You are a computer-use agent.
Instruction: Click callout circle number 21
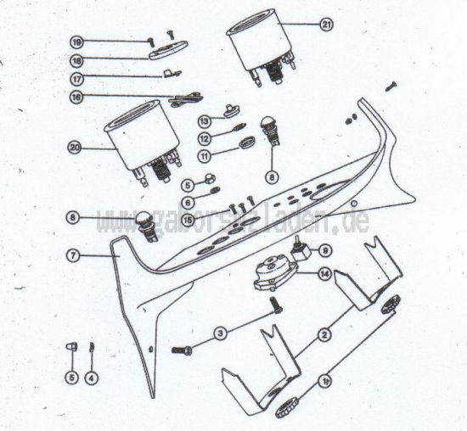[x=327, y=25]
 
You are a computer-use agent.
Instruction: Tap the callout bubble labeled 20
[x=75, y=147]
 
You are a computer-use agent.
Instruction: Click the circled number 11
[x=205, y=156]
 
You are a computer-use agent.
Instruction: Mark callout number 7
[x=75, y=255]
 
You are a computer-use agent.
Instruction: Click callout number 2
[x=324, y=336]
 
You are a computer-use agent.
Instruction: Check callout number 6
[x=188, y=202]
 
